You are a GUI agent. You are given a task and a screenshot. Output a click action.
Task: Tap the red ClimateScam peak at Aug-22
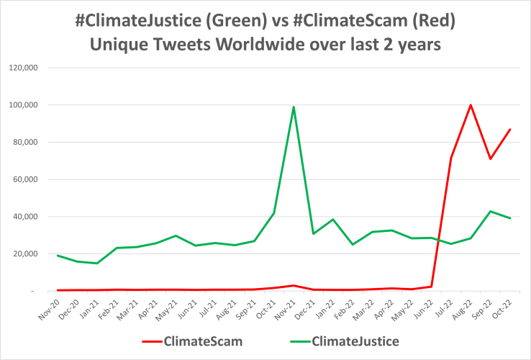(471, 105)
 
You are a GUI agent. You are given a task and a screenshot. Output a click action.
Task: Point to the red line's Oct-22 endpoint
(510, 130)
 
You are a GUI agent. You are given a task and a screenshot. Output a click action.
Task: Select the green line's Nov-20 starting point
(58, 256)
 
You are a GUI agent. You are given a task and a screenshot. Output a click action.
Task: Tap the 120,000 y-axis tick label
(27, 68)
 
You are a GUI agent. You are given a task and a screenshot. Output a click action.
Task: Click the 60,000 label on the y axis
(29, 179)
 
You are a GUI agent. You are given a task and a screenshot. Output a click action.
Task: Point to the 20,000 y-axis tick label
(29, 253)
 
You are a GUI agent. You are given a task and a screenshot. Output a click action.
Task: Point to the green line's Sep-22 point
(490, 211)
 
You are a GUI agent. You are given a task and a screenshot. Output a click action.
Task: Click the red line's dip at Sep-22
(490, 158)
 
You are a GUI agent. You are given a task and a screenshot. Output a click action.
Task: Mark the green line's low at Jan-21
(97, 263)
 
